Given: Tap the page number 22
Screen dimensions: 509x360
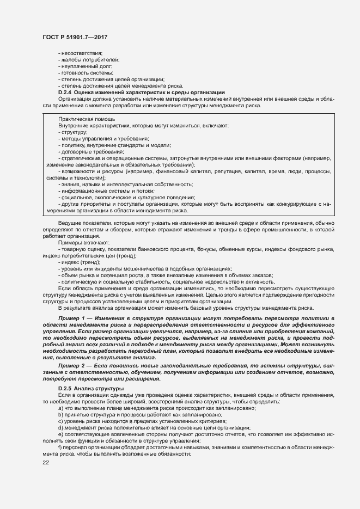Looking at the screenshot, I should click(45, 462).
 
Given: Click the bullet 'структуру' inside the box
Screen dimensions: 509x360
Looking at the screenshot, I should click(73, 132).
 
